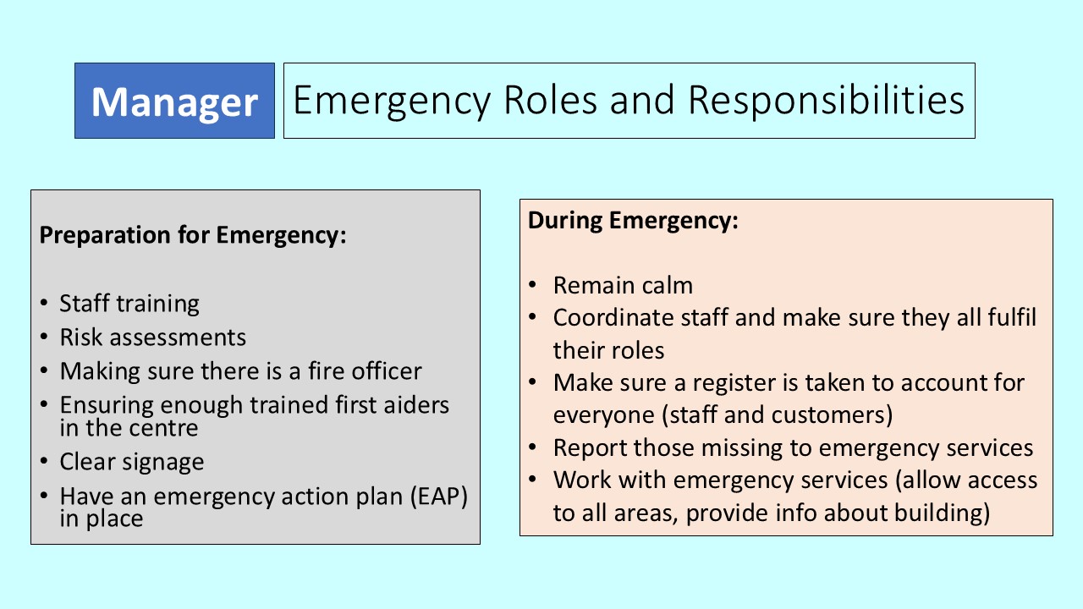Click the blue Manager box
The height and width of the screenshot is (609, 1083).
click(174, 101)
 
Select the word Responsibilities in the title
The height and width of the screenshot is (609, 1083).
click(826, 101)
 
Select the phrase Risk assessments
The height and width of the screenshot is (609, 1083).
click(152, 337)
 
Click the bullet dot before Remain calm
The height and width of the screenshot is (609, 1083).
click(532, 285)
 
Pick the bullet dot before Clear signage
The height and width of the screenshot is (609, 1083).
click(43, 462)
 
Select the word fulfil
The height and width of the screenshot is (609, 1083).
click(1011, 318)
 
